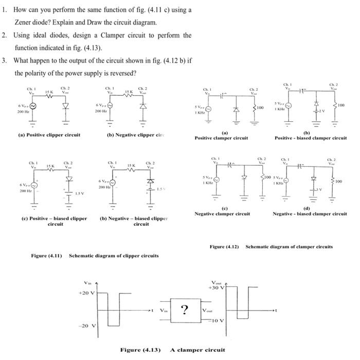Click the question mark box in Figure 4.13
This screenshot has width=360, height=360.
(x=184, y=310)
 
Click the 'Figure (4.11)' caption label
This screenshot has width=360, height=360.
(x=46, y=256)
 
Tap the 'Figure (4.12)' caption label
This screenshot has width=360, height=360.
(x=225, y=247)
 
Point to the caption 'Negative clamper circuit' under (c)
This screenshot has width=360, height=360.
(x=222, y=214)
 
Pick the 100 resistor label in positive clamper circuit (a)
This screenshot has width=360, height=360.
(x=260, y=107)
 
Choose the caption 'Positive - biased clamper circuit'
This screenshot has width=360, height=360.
(x=311, y=138)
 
